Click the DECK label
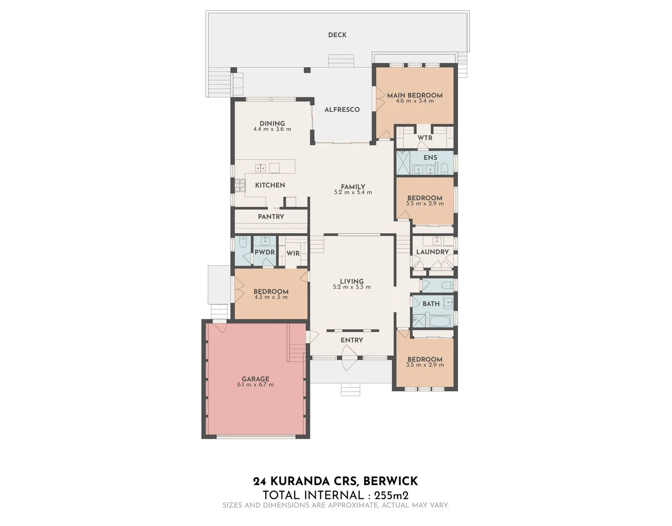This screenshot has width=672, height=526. (337, 35)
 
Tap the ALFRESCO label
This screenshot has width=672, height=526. (342, 110)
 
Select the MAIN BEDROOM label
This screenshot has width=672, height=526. (415, 95)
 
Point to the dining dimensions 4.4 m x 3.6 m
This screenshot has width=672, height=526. (272, 130)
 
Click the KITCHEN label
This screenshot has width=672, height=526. (270, 185)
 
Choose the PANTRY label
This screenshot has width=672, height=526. (271, 217)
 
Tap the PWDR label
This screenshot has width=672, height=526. (265, 252)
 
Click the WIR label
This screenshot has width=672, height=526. (293, 254)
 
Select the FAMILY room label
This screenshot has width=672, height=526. (353, 187)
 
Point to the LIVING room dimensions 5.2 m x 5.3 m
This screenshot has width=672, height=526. (352, 287)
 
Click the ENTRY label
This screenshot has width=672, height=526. (352, 340)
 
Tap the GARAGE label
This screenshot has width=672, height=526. (255, 379)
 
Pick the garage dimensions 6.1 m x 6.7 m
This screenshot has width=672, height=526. (255, 385)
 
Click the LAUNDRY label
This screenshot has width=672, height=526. (432, 252)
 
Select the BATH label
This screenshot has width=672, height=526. (431, 304)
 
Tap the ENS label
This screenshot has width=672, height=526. (430, 158)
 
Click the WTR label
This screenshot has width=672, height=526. (425, 138)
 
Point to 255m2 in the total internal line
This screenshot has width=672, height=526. (391, 496)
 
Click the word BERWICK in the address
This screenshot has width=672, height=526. (391, 481)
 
